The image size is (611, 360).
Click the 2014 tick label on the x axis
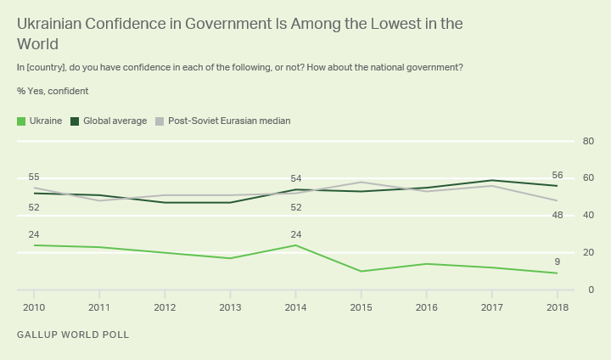click(x=295, y=307)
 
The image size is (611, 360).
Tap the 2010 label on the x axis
click(x=34, y=307)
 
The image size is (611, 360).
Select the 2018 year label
click(x=557, y=307)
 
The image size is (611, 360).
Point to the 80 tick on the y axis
click(x=587, y=141)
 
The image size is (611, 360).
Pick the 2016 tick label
click(x=426, y=307)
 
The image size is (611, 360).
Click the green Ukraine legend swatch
click(x=21, y=121)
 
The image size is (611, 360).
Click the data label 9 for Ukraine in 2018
click(x=557, y=262)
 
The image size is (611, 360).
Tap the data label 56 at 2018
click(x=557, y=174)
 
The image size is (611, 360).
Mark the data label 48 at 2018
click(x=557, y=215)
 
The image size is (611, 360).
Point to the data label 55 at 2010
click(x=34, y=177)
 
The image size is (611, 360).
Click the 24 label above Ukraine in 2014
click(x=295, y=234)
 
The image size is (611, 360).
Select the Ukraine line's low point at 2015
click(x=361, y=272)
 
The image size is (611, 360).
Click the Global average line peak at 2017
click(x=491, y=180)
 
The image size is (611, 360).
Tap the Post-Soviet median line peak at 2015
click(x=361, y=182)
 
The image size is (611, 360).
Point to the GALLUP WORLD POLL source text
click(x=73, y=335)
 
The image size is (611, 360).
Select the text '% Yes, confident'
click(x=53, y=91)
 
